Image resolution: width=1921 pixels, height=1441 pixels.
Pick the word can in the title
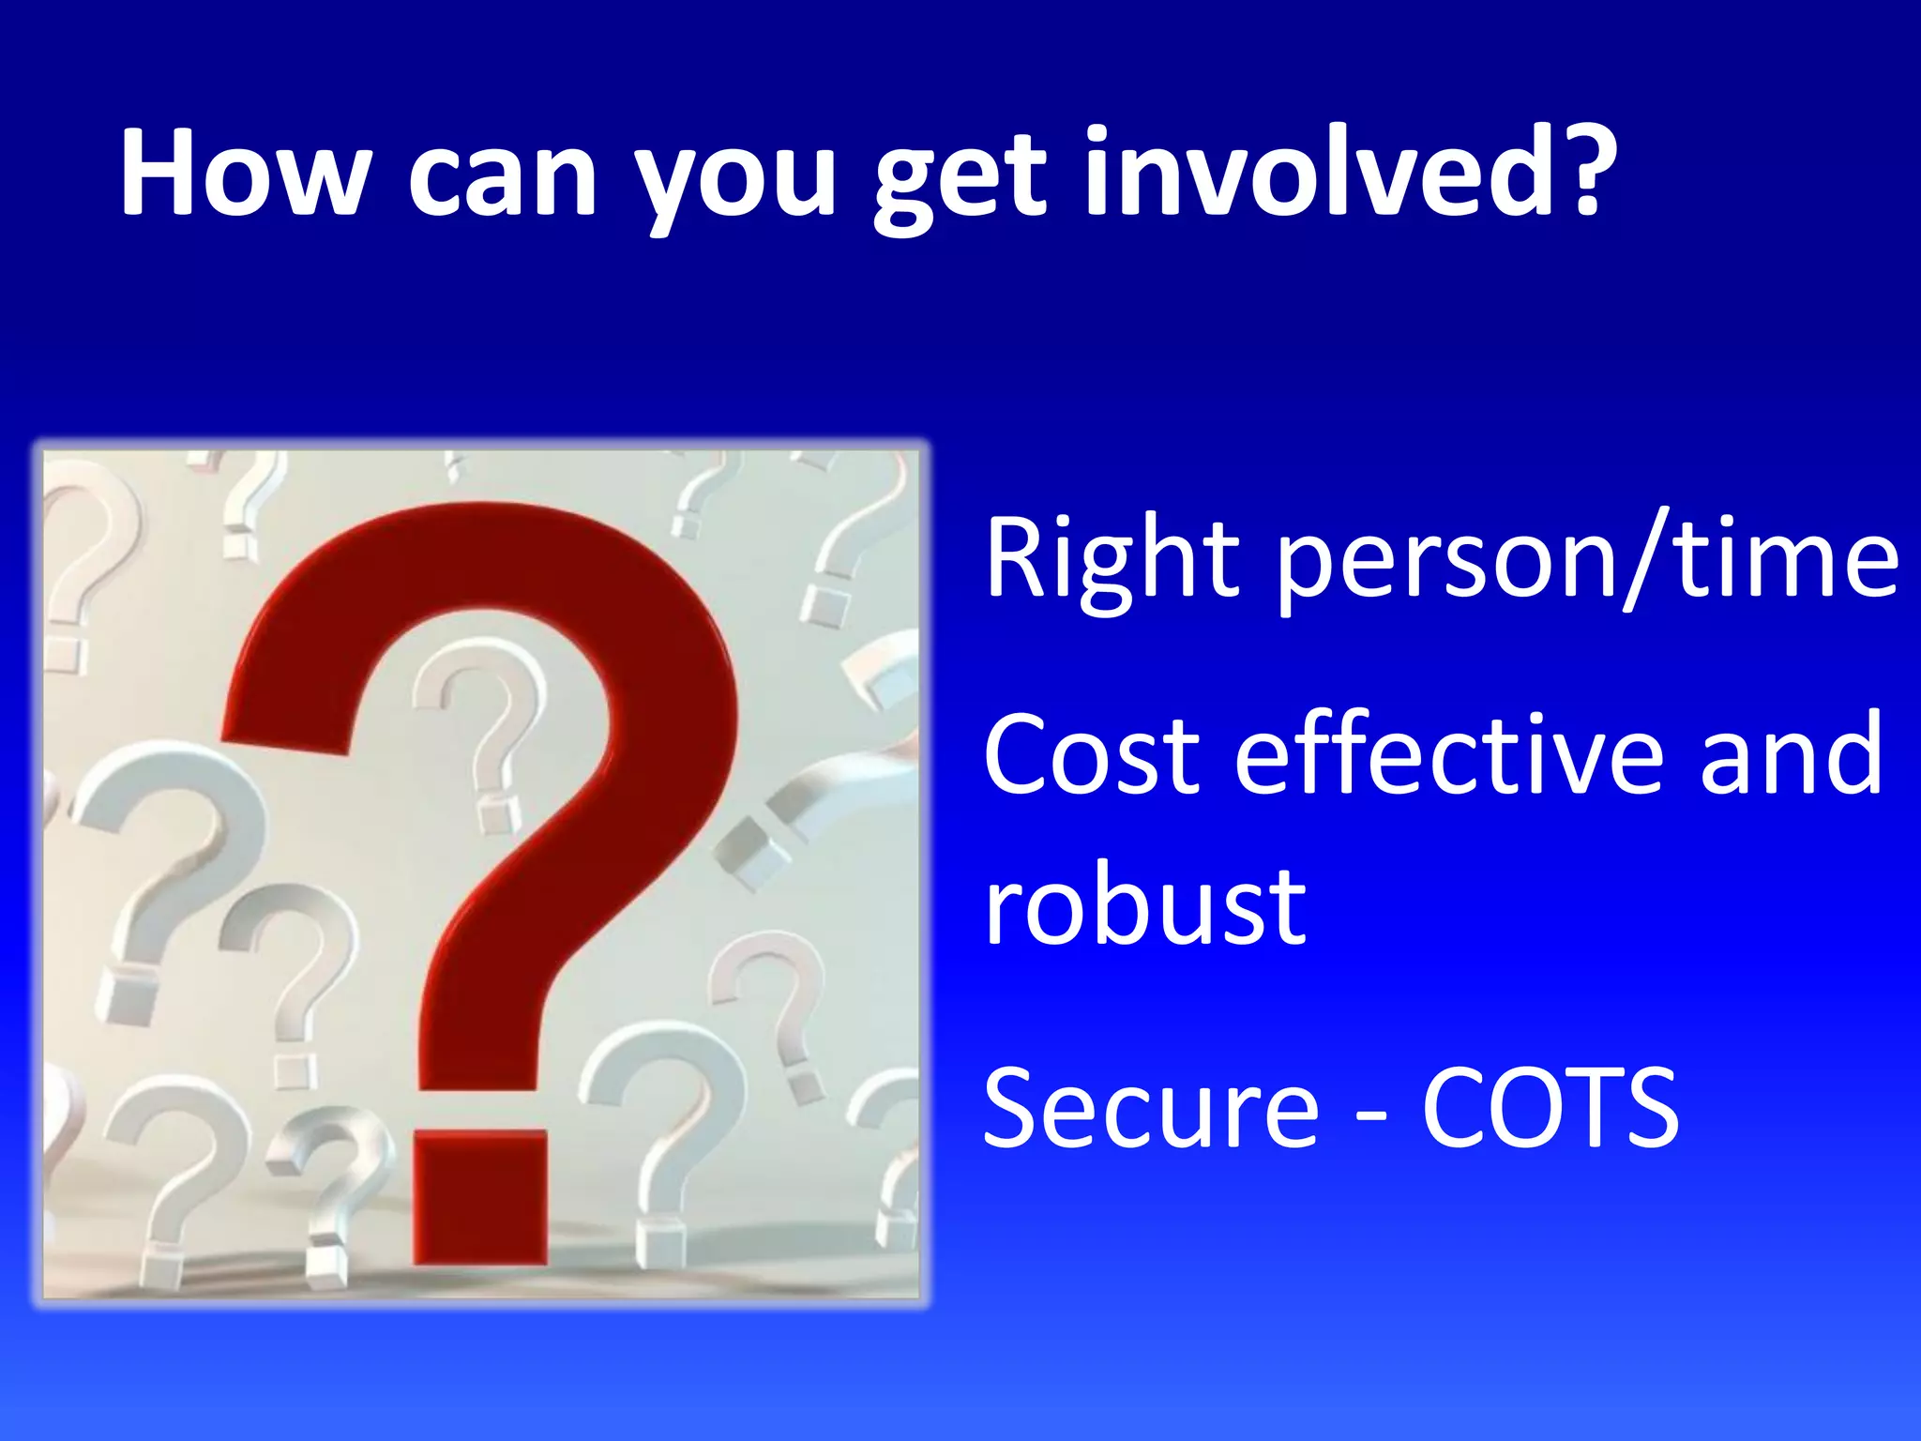(503, 178)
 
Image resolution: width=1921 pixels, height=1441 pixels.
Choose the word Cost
(1092, 755)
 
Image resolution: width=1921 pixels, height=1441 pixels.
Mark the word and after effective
(1792, 755)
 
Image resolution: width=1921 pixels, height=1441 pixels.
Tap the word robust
(1144, 905)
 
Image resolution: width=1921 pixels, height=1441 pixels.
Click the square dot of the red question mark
(480, 1196)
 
